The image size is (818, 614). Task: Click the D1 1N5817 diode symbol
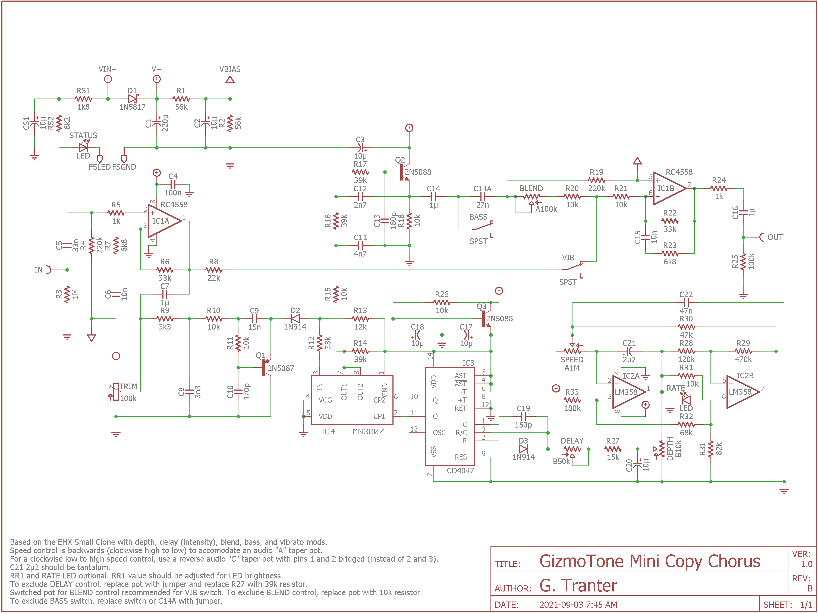(132, 99)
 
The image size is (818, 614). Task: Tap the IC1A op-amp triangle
(163, 221)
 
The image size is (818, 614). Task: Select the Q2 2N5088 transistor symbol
(404, 172)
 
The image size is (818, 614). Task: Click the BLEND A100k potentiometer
(531, 197)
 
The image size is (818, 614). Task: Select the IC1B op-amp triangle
(668, 189)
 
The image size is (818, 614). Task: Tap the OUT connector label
(775, 237)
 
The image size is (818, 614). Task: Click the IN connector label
(39, 270)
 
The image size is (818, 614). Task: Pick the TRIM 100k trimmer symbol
(116, 392)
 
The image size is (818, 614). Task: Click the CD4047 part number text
(460, 471)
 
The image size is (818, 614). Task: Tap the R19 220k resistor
(596, 181)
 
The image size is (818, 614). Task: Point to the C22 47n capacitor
(686, 302)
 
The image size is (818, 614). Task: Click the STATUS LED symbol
(84, 147)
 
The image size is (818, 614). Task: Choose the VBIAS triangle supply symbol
(230, 80)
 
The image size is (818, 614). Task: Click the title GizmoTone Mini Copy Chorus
(649, 561)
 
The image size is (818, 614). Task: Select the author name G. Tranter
(578, 585)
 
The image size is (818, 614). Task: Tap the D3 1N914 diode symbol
(523, 449)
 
